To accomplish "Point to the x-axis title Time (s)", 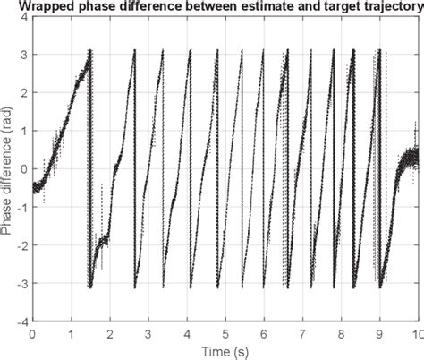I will tap(225, 349).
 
